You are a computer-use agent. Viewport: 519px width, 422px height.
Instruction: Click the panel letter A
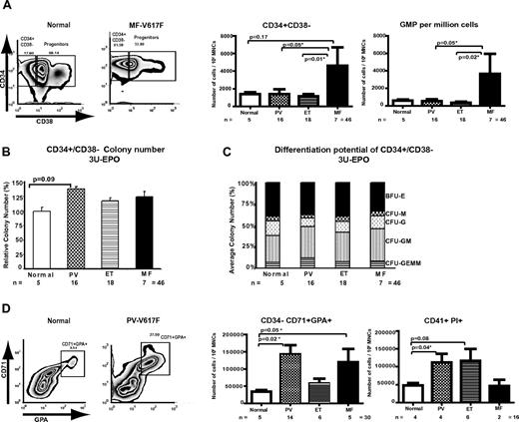tap(7, 7)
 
